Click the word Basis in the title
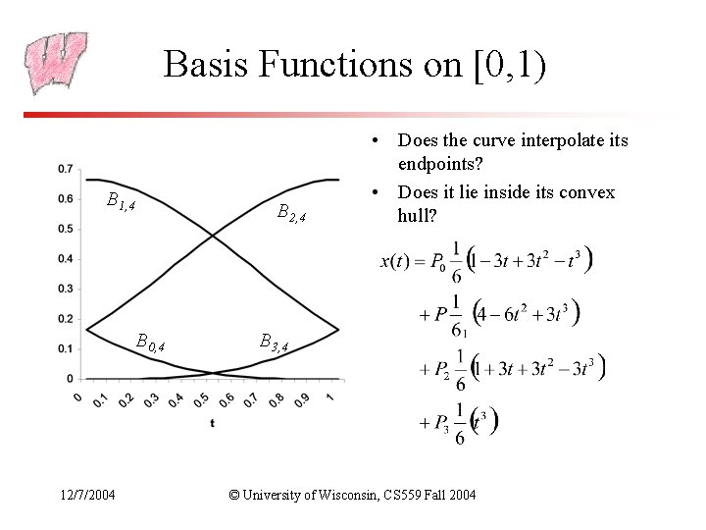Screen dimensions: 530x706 [x=200, y=65]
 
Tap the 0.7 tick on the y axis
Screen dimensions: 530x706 [x=64, y=169]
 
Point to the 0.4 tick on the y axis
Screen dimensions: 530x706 [x=64, y=259]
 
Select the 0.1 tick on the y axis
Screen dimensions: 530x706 [x=64, y=348]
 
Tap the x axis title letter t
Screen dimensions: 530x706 [x=212, y=423]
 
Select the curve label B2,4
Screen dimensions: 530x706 [x=292, y=212]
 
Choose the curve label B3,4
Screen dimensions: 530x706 [x=274, y=343]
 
